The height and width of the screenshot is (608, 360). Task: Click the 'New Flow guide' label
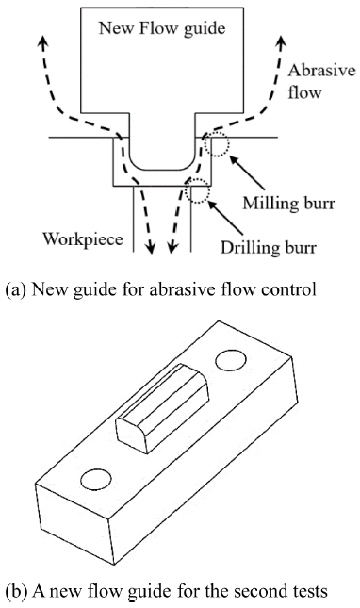click(162, 29)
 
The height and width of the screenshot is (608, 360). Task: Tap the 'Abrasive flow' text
click(321, 81)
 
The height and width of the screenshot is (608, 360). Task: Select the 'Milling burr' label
click(288, 203)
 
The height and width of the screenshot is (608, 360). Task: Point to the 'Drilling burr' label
click(269, 247)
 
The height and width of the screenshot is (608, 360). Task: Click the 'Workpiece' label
click(83, 238)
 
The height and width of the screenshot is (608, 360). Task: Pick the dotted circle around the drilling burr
click(198, 190)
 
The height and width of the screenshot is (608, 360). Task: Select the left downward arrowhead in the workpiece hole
click(151, 248)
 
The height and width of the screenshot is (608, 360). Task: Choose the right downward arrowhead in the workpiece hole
click(172, 248)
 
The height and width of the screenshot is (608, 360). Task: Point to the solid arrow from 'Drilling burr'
click(226, 218)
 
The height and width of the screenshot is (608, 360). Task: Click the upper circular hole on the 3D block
click(231, 361)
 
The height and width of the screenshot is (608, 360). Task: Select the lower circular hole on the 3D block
click(96, 480)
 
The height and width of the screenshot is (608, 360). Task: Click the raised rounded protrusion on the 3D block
click(162, 408)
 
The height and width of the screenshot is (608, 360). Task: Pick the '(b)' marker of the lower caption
click(17, 592)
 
